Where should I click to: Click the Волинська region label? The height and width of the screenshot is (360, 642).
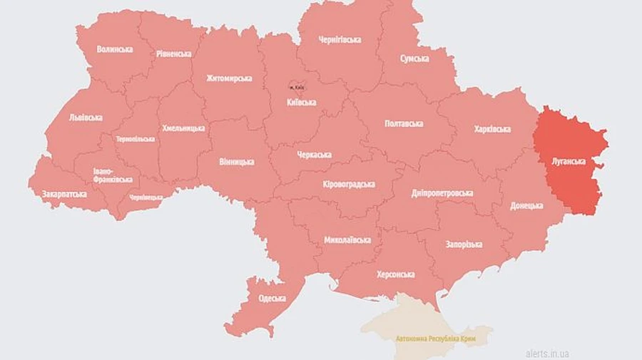pyautogui.click(x=115, y=49)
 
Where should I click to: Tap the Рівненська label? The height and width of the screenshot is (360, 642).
pyautogui.click(x=174, y=53)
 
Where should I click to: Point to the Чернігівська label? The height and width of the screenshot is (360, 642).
pyautogui.click(x=340, y=40)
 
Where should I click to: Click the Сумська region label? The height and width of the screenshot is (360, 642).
pyautogui.click(x=414, y=58)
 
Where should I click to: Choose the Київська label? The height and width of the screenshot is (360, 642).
pyautogui.click(x=300, y=103)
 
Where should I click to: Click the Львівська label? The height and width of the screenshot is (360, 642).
pyautogui.click(x=86, y=118)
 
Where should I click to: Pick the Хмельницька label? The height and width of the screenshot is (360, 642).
pyautogui.click(x=183, y=128)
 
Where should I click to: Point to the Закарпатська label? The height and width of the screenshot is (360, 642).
pyautogui.click(x=64, y=194)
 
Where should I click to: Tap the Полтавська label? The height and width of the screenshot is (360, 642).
pyautogui.click(x=404, y=123)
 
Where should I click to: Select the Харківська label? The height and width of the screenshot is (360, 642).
pyautogui.click(x=492, y=129)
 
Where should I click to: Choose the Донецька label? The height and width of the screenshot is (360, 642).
pyautogui.click(x=527, y=205)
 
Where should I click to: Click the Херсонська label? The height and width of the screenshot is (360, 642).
pyautogui.click(x=396, y=274)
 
